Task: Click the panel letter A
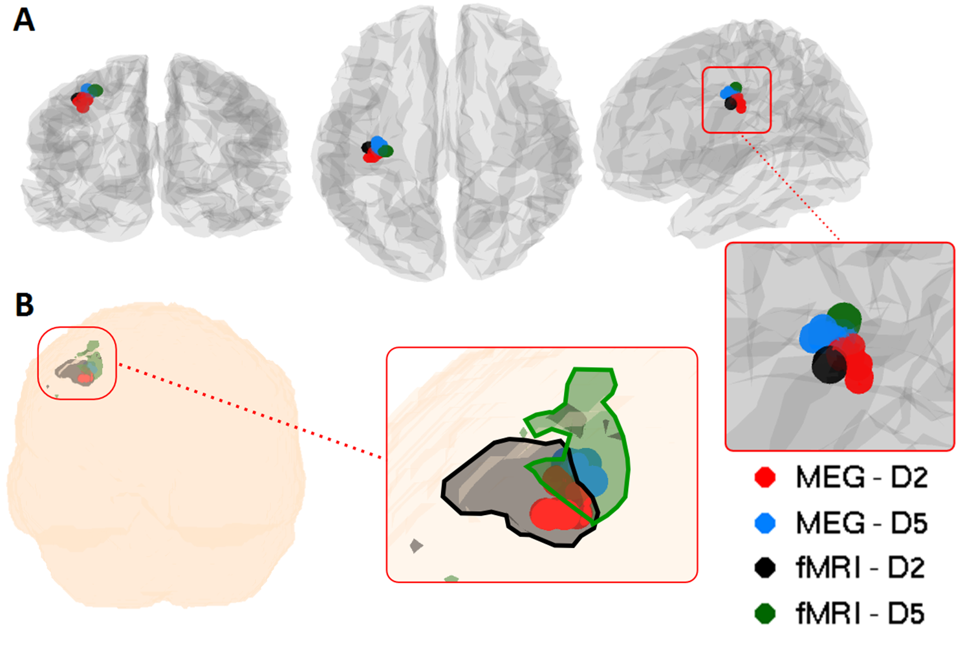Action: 24,20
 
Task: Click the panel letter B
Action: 24,305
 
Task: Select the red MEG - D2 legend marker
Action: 765,477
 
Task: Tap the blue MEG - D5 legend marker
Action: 765,523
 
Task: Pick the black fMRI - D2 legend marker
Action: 765,568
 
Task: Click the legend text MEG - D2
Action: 861,477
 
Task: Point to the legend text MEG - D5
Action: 861,523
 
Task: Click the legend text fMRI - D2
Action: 860,568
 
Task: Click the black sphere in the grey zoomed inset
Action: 827,366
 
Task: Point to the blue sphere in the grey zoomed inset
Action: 818,334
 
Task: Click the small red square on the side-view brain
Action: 737,100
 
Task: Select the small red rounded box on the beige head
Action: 77,364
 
